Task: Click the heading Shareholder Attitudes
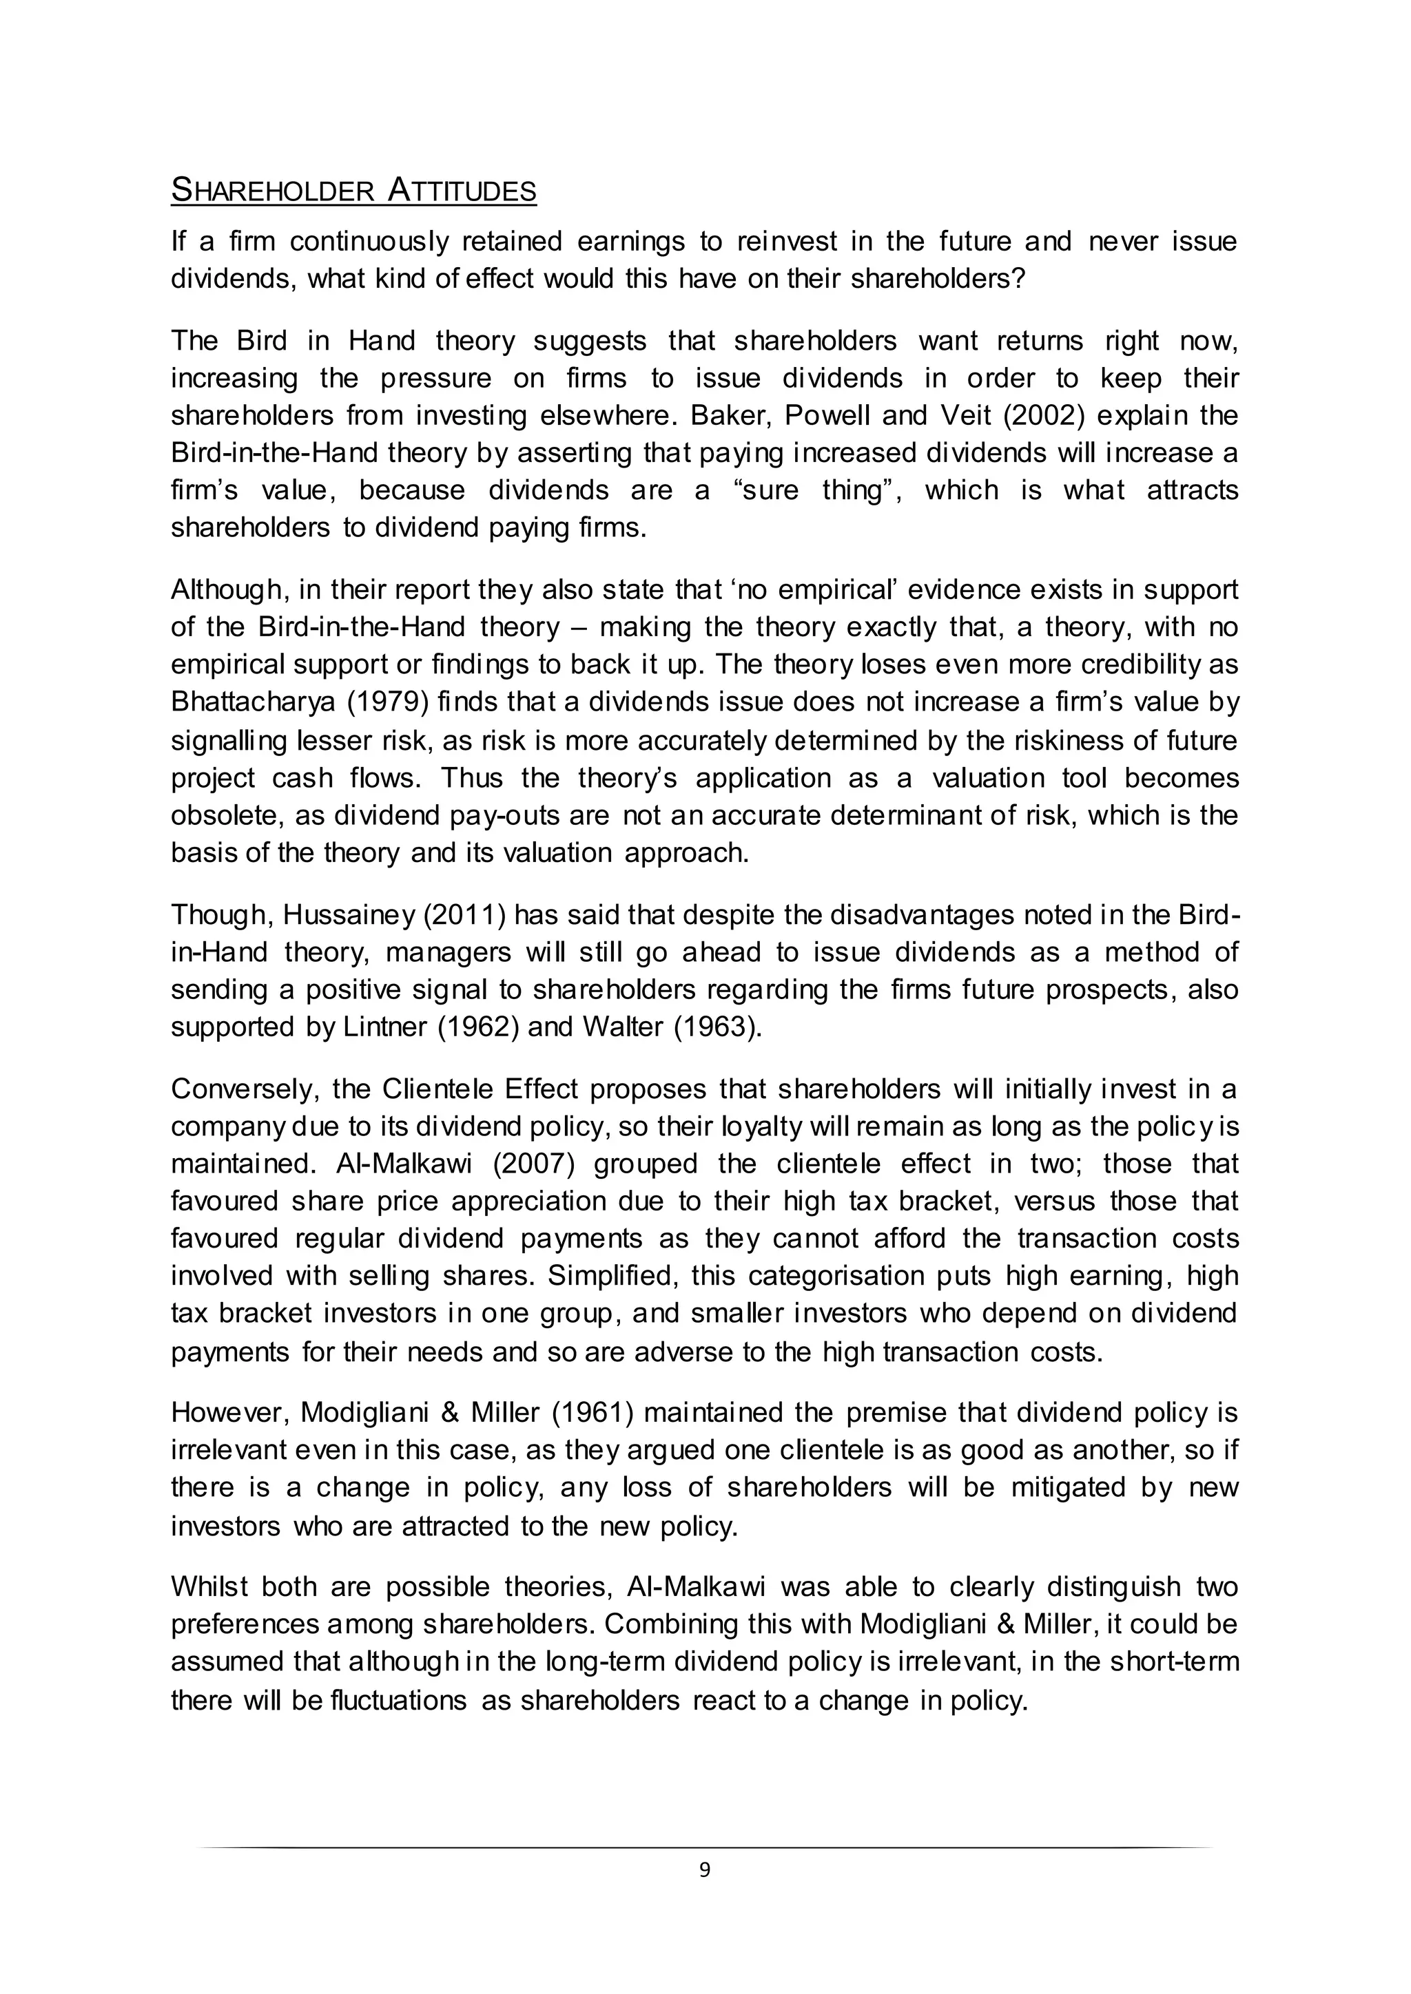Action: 353,190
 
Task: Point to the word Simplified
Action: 587,1277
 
